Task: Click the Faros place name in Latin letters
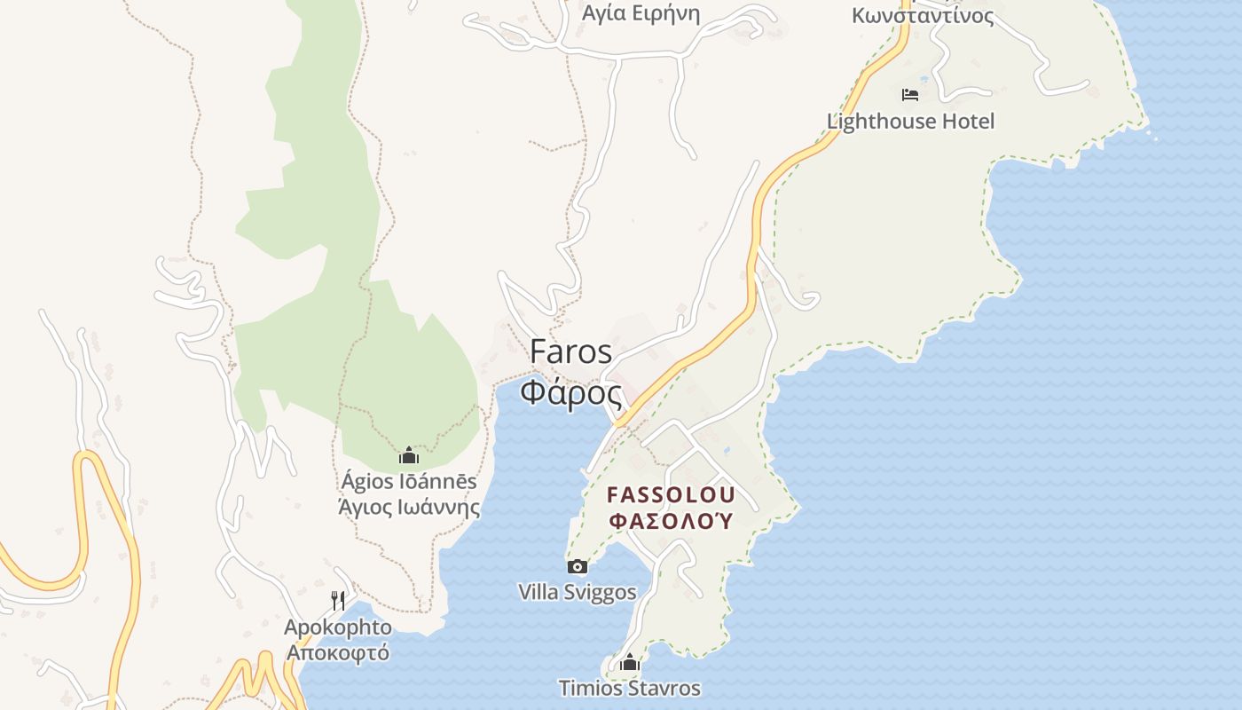pos(570,351)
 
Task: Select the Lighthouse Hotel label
pos(910,122)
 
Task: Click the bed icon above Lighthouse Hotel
pos(909,94)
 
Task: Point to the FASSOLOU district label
pos(671,494)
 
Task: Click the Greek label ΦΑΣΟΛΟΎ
pos(672,521)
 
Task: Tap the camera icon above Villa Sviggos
pos(577,566)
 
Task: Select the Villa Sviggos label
pos(577,592)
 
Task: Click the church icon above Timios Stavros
pos(629,662)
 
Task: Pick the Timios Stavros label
pos(629,688)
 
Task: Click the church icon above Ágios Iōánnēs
pos(409,456)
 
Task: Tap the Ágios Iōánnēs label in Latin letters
pos(409,482)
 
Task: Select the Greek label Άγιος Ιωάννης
pos(409,508)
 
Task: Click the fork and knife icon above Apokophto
pos(337,601)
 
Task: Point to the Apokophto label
pos(337,627)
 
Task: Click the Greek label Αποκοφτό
pos(337,652)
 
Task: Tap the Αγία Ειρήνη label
pos(641,13)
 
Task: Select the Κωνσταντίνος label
pos(923,15)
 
